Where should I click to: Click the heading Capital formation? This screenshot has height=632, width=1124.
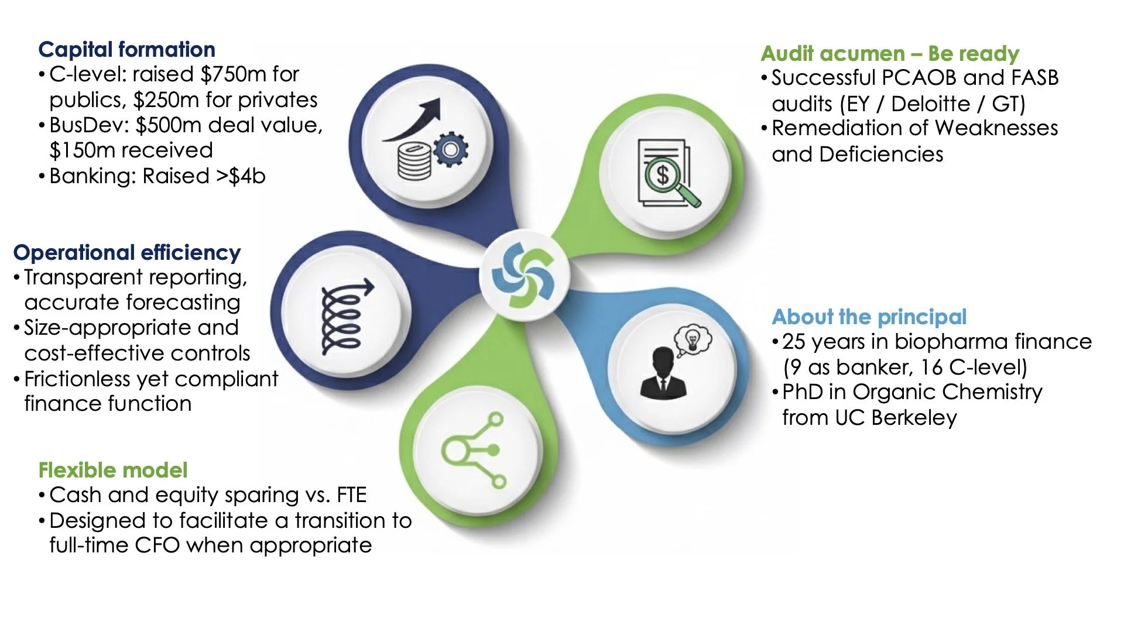tap(126, 50)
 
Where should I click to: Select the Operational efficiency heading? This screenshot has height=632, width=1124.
tap(127, 253)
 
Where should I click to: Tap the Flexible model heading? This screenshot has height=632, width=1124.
tap(113, 470)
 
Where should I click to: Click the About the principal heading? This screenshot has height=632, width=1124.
tap(869, 317)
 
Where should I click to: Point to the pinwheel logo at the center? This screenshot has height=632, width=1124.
tap(524, 276)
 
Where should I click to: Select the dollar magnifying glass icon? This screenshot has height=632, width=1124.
tap(666, 173)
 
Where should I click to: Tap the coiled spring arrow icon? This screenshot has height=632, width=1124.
tap(345, 317)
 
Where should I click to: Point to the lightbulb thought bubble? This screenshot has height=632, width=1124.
tap(693, 339)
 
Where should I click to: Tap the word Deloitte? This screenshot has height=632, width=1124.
tap(930, 104)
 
